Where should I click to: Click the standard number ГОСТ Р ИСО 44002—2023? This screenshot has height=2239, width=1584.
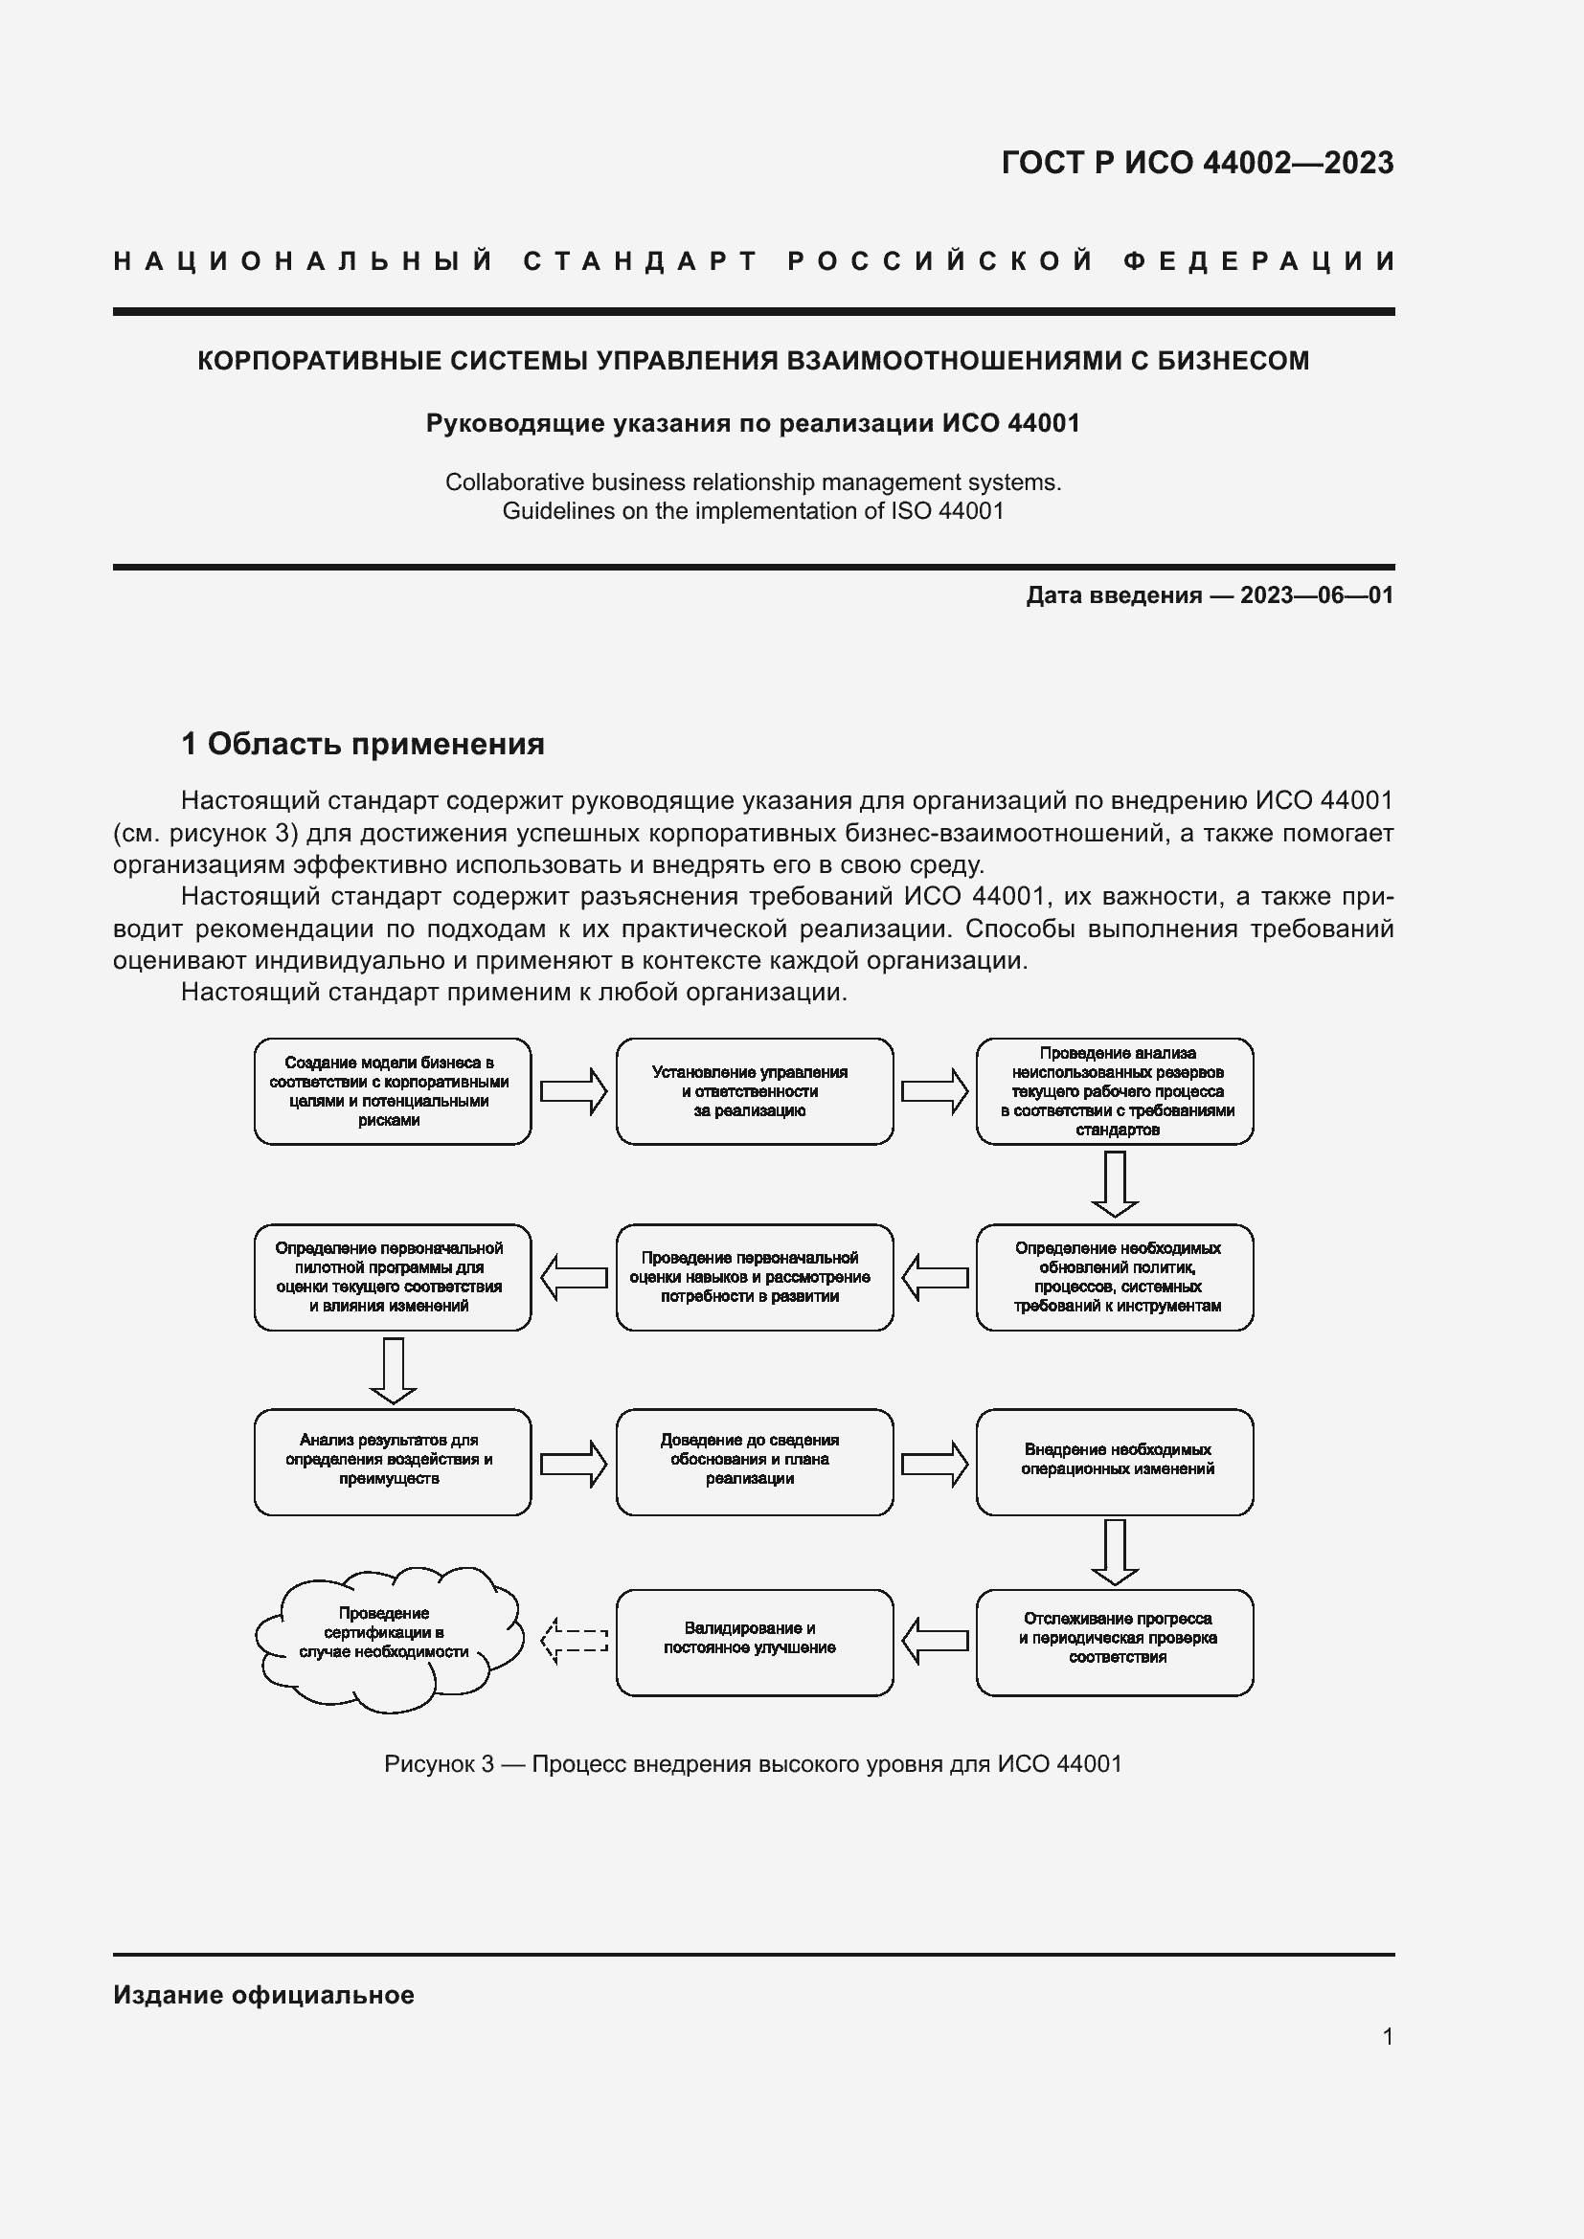point(1197,163)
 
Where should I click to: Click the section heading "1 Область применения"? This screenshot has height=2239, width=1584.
point(362,744)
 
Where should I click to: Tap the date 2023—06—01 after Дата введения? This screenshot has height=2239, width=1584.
point(1316,594)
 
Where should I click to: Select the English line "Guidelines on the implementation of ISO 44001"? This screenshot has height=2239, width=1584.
point(753,511)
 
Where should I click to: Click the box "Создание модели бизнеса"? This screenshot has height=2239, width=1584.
point(392,1091)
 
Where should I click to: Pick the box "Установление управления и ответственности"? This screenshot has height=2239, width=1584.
point(754,1091)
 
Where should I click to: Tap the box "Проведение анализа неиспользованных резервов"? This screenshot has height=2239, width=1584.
point(1114,1091)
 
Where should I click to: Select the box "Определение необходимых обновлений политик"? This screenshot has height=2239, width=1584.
point(1114,1278)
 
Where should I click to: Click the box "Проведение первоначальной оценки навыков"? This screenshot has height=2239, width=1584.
point(754,1278)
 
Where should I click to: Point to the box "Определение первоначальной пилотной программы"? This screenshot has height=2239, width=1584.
point(392,1278)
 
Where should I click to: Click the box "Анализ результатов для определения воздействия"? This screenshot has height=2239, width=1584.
point(392,1462)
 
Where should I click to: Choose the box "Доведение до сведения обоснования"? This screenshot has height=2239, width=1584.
point(754,1462)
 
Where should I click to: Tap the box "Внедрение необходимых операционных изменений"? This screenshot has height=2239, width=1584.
point(1114,1462)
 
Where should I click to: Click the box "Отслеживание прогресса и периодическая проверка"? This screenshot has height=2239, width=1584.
point(1114,1643)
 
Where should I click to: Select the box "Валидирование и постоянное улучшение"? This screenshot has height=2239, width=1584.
point(754,1643)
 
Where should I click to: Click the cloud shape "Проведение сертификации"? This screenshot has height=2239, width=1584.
point(387,1638)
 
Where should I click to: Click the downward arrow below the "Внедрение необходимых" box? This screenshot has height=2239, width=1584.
point(1114,1552)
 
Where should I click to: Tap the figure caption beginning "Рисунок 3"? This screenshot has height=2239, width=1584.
point(753,1764)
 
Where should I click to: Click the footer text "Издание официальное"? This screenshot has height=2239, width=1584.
point(263,1995)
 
